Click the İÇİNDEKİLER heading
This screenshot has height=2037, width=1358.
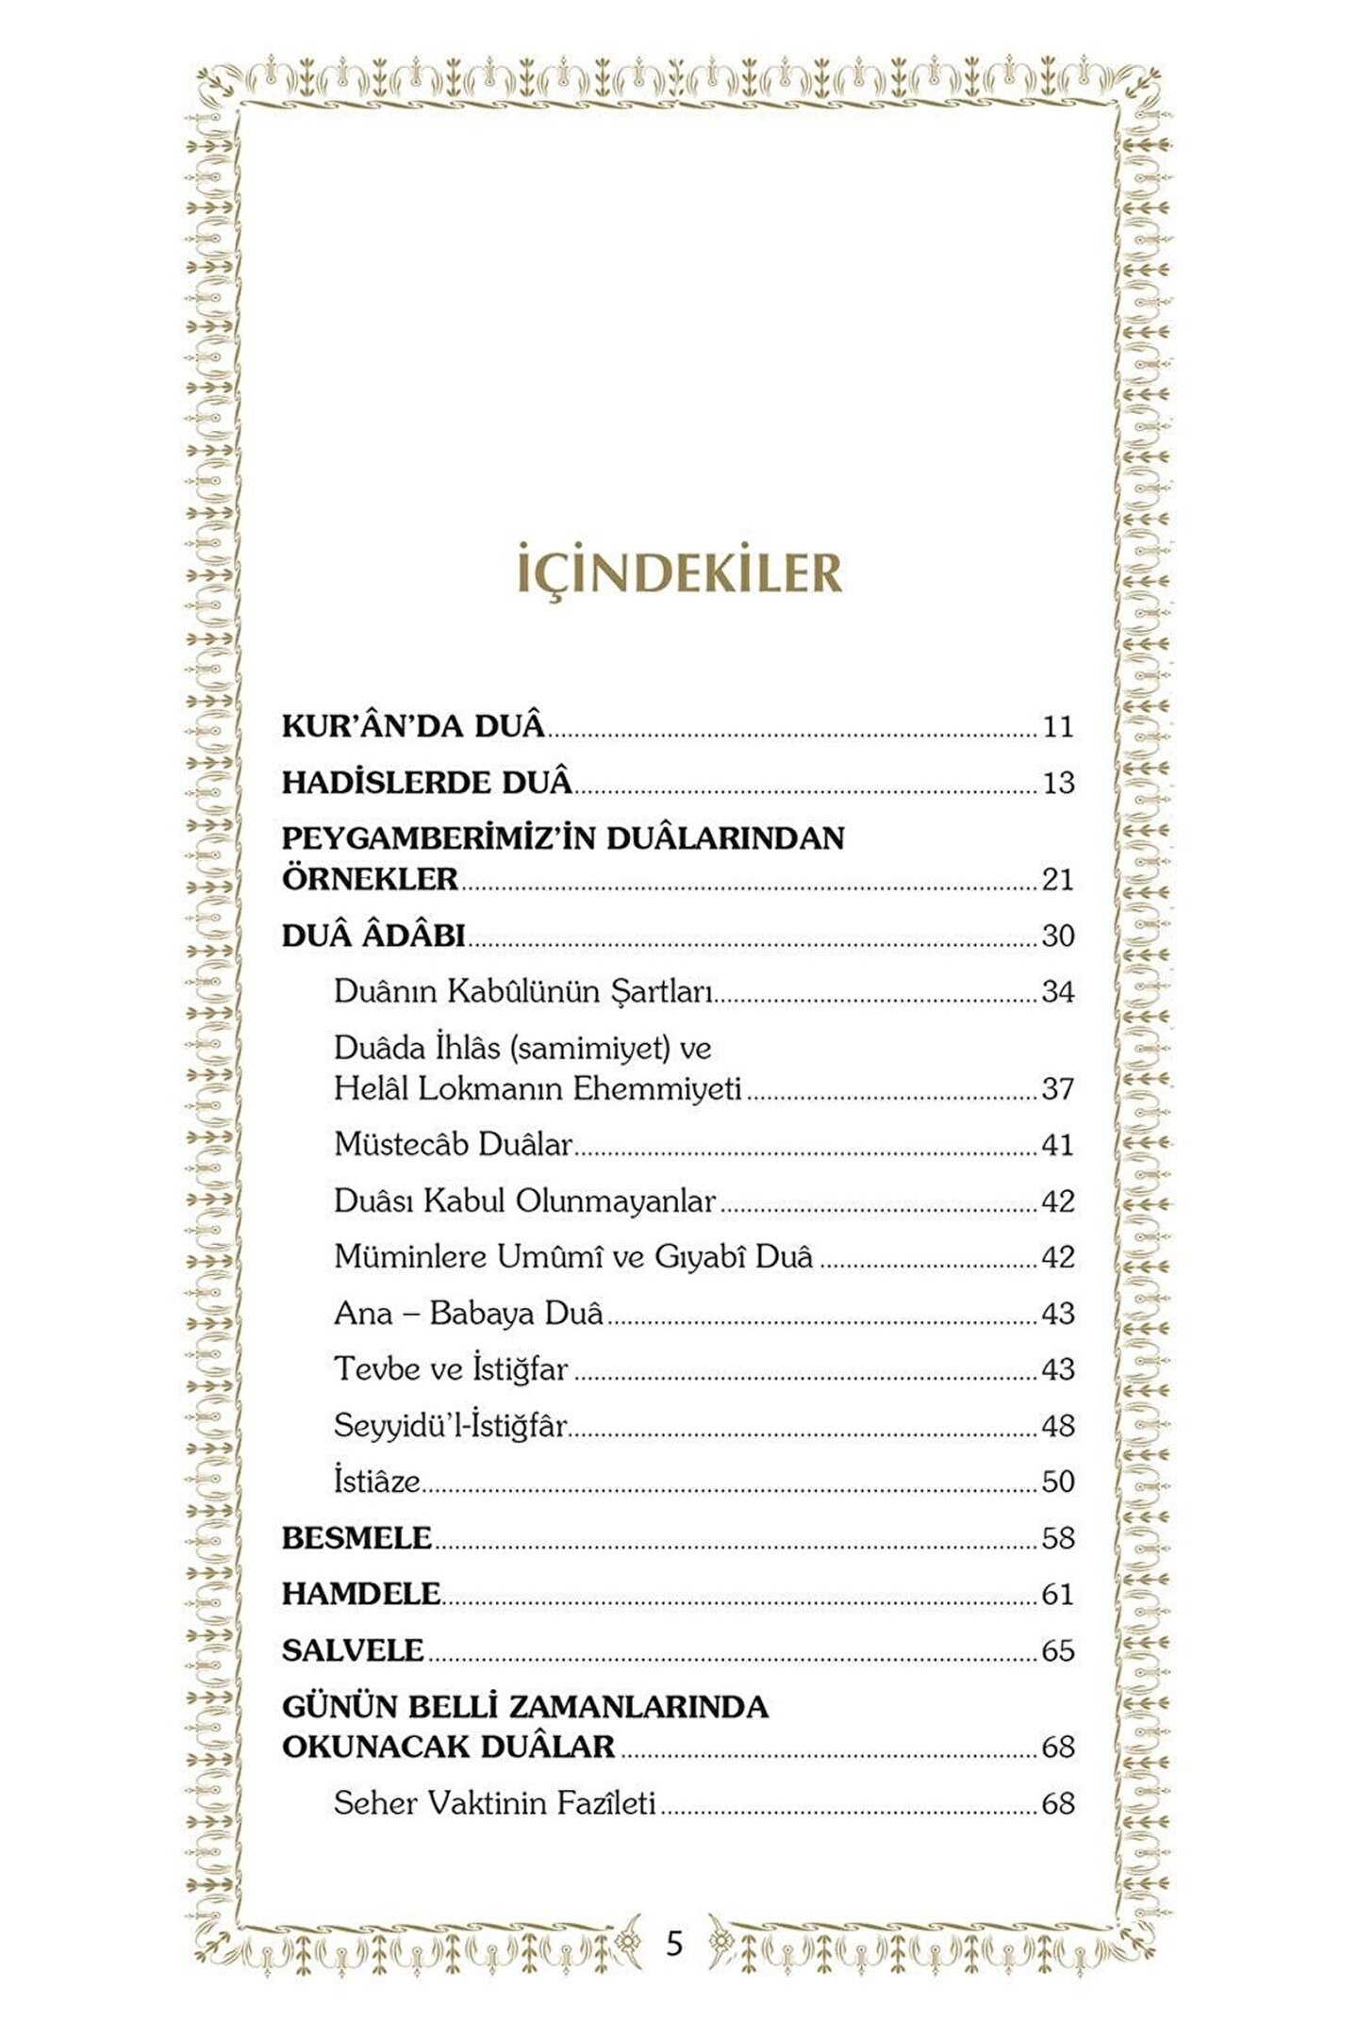[x=679, y=572]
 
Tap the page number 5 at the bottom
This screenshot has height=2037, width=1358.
[x=673, y=1943]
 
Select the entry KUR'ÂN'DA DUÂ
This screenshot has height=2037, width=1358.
[x=414, y=726]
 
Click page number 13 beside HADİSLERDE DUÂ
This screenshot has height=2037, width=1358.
[x=1057, y=783]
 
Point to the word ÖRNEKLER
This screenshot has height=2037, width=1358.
[x=370, y=879]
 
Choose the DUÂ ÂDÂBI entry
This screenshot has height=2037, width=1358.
[x=374, y=936]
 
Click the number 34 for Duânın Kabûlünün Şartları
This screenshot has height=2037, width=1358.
[x=1057, y=992]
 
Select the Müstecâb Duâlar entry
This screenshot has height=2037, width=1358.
[x=454, y=1145]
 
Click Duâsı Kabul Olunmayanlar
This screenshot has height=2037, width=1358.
[x=525, y=1201]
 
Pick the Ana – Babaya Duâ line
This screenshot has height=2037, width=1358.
[x=469, y=1314]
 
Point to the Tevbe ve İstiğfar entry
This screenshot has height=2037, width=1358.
[x=451, y=1369]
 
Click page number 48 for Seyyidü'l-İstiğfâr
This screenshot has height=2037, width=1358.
[x=1057, y=1426]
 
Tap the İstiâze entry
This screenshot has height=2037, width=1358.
[x=376, y=1482]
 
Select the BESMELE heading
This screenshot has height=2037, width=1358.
[x=356, y=1538]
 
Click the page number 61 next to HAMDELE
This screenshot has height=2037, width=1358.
[x=1057, y=1595]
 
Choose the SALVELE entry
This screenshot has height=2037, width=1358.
[x=353, y=1650]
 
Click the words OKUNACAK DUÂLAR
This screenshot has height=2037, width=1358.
[x=448, y=1747]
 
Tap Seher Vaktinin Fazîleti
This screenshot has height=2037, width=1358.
[x=494, y=1803]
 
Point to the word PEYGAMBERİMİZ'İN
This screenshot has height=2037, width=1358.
[x=434, y=837]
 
